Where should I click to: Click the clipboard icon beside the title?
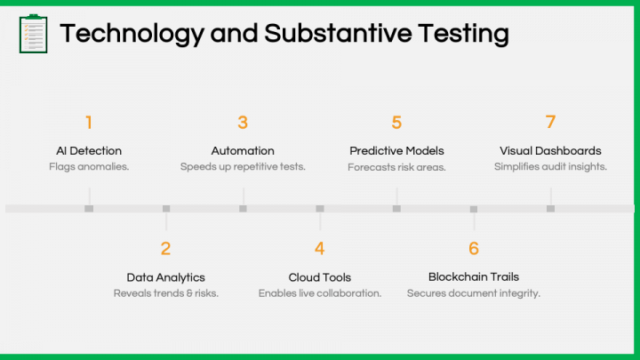(x=34, y=34)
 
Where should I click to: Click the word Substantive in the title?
(x=339, y=33)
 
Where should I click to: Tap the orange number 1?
(x=89, y=123)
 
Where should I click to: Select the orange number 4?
(x=320, y=249)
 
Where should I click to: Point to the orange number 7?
(x=550, y=122)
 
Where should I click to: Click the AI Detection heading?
(x=89, y=150)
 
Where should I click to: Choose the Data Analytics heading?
(x=165, y=277)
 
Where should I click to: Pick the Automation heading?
(x=243, y=150)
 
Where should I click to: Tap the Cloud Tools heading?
(x=320, y=277)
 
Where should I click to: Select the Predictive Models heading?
(x=396, y=150)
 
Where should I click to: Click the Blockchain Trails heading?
(x=474, y=276)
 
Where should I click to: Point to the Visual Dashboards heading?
(x=550, y=150)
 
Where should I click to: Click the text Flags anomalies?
(x=89, y=166)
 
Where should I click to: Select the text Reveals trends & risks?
(x=165, y=293)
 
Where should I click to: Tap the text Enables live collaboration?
(x=320, y=293)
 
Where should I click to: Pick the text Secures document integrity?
(x=474, y=293)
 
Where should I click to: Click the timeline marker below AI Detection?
(x=89, y=209)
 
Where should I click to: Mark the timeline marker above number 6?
(x=474, y=209)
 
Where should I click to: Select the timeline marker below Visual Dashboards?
(x=550, y=209)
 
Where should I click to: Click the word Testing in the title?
(x=464, y=34)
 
